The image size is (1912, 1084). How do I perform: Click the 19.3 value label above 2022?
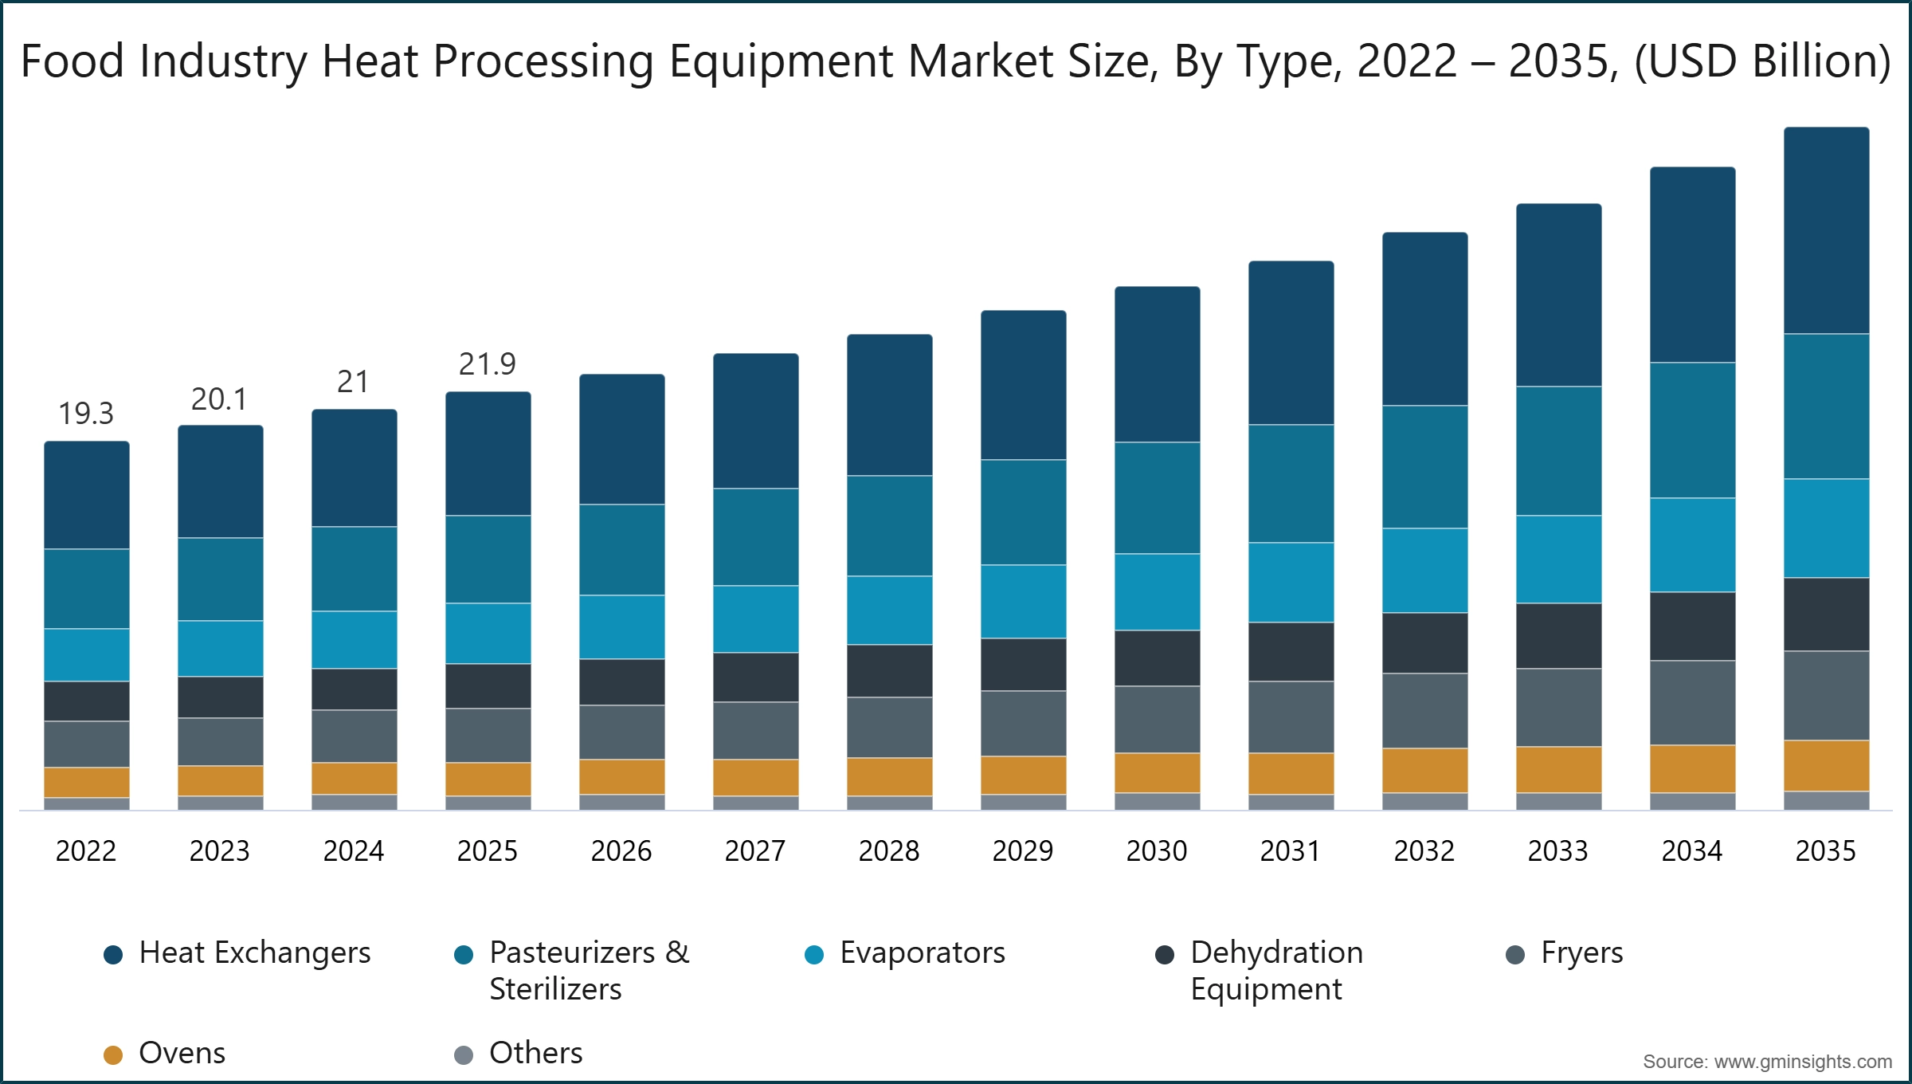tap(86, 414)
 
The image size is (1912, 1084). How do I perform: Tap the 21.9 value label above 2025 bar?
tap(488, 364)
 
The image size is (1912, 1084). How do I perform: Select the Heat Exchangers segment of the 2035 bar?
tap(1826, 230)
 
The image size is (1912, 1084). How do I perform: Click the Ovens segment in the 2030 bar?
tap(1157, 772)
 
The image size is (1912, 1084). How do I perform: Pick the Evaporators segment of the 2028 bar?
tap(889, 610)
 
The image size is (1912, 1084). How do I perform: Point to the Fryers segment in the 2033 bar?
tap(1558, 707)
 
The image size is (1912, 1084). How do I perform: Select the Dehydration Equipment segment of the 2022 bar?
tap(86, 701)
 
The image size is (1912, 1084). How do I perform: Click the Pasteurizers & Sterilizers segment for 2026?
tap(621, 549)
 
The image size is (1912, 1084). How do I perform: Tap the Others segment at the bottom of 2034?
tap(1692, 801)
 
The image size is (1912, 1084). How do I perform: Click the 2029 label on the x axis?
tap(1023, 851)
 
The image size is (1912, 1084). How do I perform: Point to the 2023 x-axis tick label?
tap(220, 851)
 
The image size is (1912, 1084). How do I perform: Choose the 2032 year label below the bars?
tap(1424, 851)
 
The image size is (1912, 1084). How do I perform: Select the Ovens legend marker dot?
tap(113, 1055)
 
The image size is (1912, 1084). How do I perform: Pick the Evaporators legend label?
tap(922, 953)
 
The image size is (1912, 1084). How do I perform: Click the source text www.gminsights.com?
tap(1802, 1062)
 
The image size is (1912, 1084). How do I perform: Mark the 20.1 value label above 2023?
tap(220, 399)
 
